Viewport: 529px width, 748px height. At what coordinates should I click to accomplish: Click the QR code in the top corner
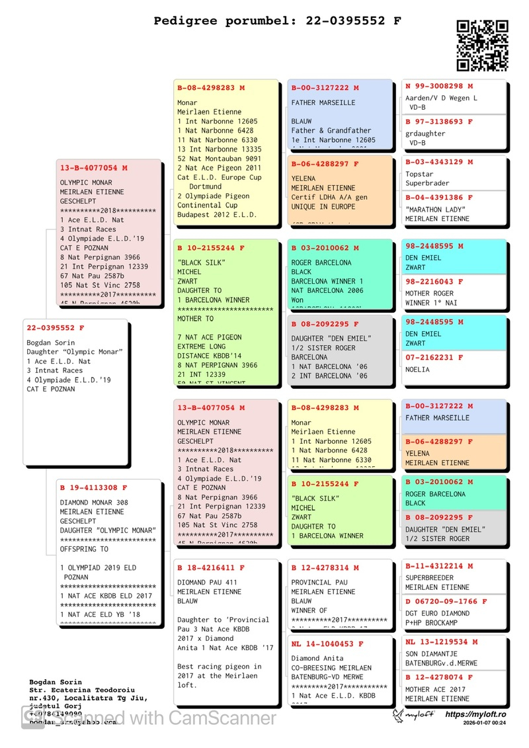[482, 45]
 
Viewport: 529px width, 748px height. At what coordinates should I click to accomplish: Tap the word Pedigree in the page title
[183, 21]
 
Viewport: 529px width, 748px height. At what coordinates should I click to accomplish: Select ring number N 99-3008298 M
[439, 86]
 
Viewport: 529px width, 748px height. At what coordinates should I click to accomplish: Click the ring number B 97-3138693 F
[439, 122]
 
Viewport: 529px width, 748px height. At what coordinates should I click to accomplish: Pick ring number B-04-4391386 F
[439, 198]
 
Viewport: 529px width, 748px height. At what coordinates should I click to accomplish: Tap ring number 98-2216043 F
[434, 282]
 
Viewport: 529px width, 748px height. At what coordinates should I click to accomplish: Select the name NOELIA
[417, 370]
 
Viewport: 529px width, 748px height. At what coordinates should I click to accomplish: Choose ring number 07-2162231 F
[434, 358]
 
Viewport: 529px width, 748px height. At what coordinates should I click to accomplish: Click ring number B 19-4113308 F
[94, 488]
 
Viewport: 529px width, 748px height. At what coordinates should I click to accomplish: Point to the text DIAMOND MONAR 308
[94, 503]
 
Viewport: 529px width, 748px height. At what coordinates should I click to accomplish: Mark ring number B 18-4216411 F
[211, 567]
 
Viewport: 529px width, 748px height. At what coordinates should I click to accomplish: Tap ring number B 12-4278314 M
[325, 567]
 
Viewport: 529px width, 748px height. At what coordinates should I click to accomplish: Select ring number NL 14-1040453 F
[327, 644]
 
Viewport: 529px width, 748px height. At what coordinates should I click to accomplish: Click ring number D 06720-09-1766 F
[446, 602]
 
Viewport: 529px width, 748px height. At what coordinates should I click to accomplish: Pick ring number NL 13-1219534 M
[442, 642]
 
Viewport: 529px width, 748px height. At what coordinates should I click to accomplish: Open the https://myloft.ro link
[475, 714]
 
